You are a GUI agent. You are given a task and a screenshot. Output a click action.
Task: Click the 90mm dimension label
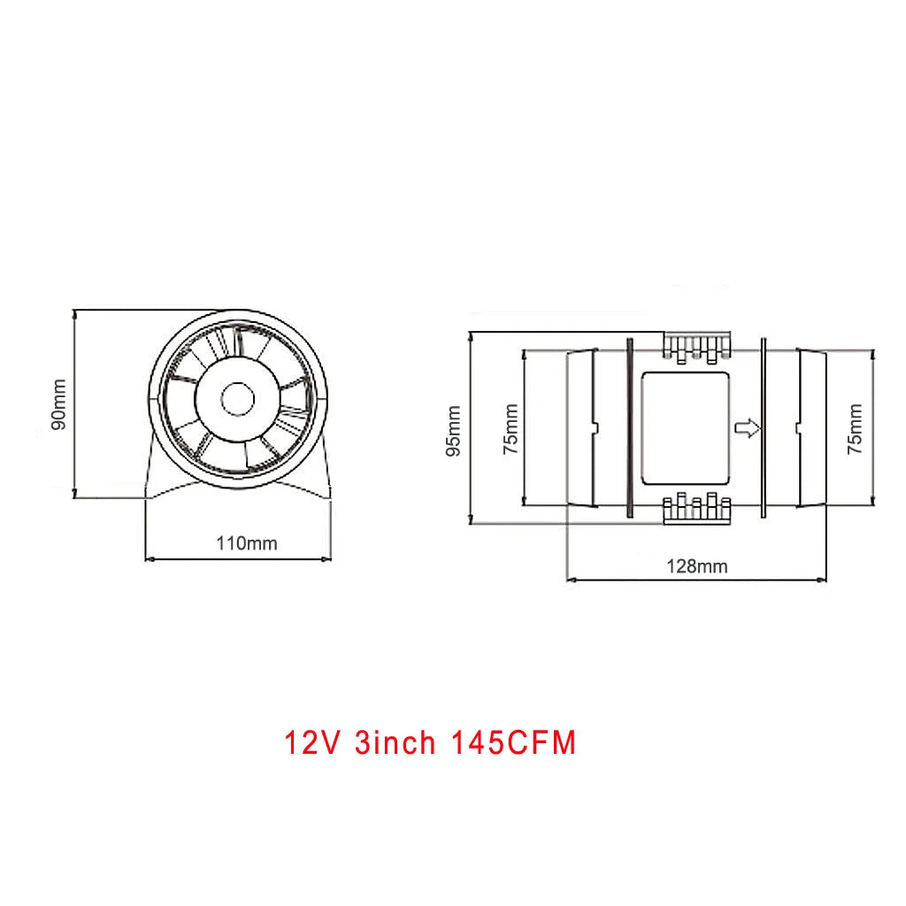coord(58,403)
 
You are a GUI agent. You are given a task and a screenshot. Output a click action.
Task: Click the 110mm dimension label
coord(247,543)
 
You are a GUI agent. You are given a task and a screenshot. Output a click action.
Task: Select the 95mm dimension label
coord(454,430)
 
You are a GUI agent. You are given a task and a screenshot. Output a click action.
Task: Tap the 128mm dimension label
coord(697,566)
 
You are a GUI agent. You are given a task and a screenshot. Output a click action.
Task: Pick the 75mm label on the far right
coord(855,429)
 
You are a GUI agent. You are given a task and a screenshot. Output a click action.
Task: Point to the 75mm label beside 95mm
coord(510,429)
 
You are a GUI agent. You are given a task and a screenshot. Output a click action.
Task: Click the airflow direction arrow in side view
coord(748,429)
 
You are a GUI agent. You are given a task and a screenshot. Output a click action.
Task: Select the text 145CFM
coord(514,743)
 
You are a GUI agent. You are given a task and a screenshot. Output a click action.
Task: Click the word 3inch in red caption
coord(395,743)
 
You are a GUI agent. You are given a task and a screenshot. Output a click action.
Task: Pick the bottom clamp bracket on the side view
coord(697,511)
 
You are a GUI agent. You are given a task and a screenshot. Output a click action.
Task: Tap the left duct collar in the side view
coord(581,427)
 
